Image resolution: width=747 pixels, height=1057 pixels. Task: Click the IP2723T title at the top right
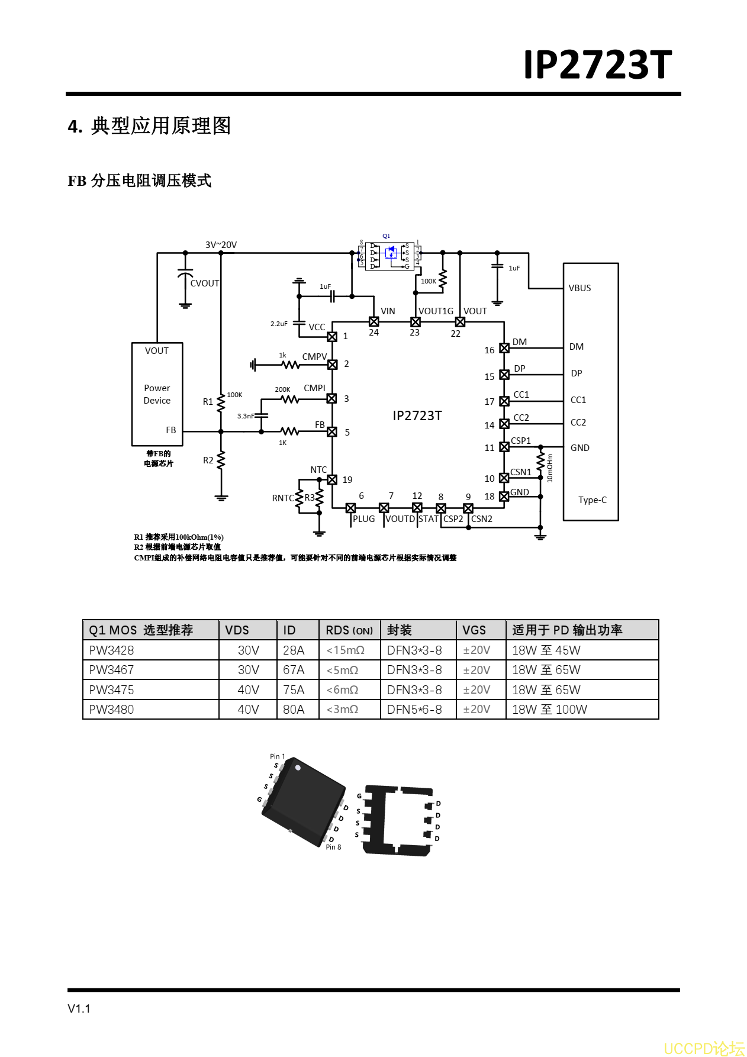(597, 65)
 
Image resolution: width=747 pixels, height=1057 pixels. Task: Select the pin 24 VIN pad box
(374, 321)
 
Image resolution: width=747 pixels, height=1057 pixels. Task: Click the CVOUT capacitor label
(205, 283)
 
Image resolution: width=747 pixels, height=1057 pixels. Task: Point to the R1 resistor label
(208, 402)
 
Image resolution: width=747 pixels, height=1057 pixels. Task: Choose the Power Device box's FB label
(170, 430)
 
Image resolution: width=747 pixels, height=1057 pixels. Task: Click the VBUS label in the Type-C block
(579, 288)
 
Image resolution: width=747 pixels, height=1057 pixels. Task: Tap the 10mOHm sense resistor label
(550, 468)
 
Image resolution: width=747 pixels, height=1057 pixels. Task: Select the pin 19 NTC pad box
(332, 479)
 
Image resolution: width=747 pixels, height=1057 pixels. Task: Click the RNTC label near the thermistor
(282, 498)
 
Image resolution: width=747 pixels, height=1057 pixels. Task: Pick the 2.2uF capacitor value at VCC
(279, 324)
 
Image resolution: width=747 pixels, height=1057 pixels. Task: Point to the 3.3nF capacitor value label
(246, 416)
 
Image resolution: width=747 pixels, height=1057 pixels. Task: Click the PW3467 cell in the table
(111, 670)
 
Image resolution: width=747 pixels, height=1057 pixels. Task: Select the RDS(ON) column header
(349, 630)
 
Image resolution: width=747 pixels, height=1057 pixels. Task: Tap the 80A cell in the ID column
(294, 710)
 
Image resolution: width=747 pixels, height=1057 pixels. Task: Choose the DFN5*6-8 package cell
(414, 710)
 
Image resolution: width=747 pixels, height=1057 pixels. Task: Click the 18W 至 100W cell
(549, 710)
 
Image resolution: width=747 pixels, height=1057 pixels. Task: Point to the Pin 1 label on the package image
(277, 756)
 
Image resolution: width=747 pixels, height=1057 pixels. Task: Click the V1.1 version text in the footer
(79, 1008)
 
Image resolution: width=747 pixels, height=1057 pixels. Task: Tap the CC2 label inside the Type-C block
(578, 423)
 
